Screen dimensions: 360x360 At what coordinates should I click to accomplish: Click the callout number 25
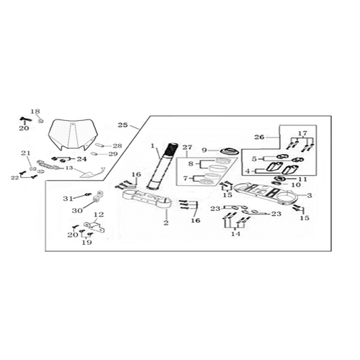point(122,125)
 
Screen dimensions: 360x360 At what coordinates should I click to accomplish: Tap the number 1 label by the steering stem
point(152,145)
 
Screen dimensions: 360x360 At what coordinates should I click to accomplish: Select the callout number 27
point(187,147)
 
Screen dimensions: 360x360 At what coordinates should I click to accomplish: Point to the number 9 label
point(204,150)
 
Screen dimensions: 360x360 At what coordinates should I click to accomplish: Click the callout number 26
point(259,137)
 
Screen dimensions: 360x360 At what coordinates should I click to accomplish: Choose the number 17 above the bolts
point(303,133)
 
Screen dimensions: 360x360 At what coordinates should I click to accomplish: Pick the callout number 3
point(310,195)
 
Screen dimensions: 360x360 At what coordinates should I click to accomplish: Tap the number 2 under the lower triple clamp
point(166,222)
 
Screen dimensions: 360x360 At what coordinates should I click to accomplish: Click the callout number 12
point(99,215)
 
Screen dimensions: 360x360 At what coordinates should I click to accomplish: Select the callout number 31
point(68,199)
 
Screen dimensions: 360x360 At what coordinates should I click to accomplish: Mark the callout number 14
point(235,234)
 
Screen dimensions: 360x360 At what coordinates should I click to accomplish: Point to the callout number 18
point(35,112)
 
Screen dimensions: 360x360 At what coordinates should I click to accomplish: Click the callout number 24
point(81,159)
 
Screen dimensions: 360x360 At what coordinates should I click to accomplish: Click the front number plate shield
point(73,135)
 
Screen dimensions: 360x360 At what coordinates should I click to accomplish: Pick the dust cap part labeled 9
point(229,151)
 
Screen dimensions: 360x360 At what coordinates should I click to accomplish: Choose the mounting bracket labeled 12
point(94,227)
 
